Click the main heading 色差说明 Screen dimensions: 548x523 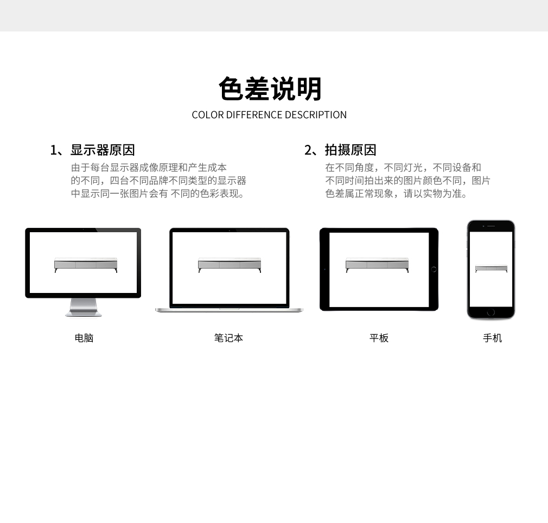(x=270, y=89)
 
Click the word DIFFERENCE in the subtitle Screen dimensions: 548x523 (x=254, y=115)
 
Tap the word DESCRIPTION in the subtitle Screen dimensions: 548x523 (x=316, y=115)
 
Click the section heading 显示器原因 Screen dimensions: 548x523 (x=103, y=150)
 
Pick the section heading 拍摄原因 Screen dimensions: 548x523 (x=351, y=150)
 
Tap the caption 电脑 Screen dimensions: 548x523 (x=84, y=338)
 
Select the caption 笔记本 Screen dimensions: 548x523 (x=228, y=338)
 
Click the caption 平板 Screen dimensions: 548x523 (x=379, y=338)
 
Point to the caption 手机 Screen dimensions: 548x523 (x=493, y=338)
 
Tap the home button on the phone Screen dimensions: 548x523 (x=490, y=312)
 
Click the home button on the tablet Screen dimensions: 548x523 (x=434, y=269)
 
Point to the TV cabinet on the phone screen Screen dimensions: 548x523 (x=491, y=269)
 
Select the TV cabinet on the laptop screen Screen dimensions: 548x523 (x=230, y=265)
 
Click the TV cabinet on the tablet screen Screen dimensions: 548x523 (x=377, y=265)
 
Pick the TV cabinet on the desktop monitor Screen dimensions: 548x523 (x=86, y=265)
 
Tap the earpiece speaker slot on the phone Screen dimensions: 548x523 (x=491, y=226)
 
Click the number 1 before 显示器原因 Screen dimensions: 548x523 (x=54, y=150)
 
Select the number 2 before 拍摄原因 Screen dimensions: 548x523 (x=308, y=150)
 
